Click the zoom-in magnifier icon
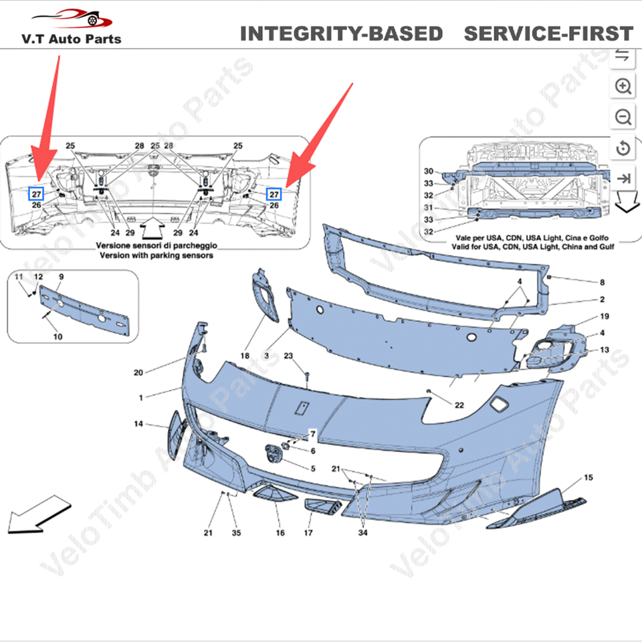point(623,86)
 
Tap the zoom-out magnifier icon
point(623,117)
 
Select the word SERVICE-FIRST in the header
point(548,33)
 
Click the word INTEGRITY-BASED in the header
point(341,33)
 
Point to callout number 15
point(588,477)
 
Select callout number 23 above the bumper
point(288,356)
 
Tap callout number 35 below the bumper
point(235,533)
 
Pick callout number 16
point(280,533)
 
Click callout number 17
point(308,533)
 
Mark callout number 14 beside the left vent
point(138,424)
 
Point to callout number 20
point(138,372)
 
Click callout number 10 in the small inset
point(58,336)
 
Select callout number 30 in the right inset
point(429,171)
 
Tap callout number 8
point(602,282)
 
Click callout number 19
point(605,316)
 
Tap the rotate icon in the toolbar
point(623,148)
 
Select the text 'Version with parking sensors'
point(156,255)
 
